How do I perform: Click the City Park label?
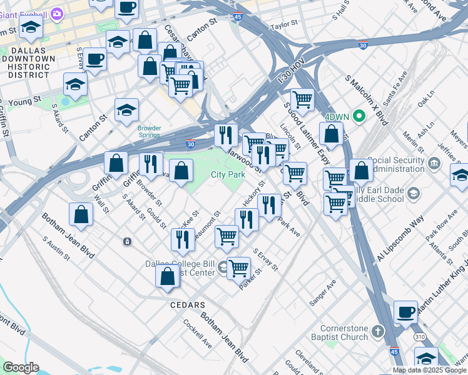[228, 175]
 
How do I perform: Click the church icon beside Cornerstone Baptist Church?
[378, 331]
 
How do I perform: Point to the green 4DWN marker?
[359, 116]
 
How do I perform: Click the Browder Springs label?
[150, 131]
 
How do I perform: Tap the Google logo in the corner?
[21, 367]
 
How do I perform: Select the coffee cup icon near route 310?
[405, 311]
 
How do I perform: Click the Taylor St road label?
[283, 27]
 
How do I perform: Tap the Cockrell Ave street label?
[198, 334]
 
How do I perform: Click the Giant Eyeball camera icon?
[57, 12]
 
